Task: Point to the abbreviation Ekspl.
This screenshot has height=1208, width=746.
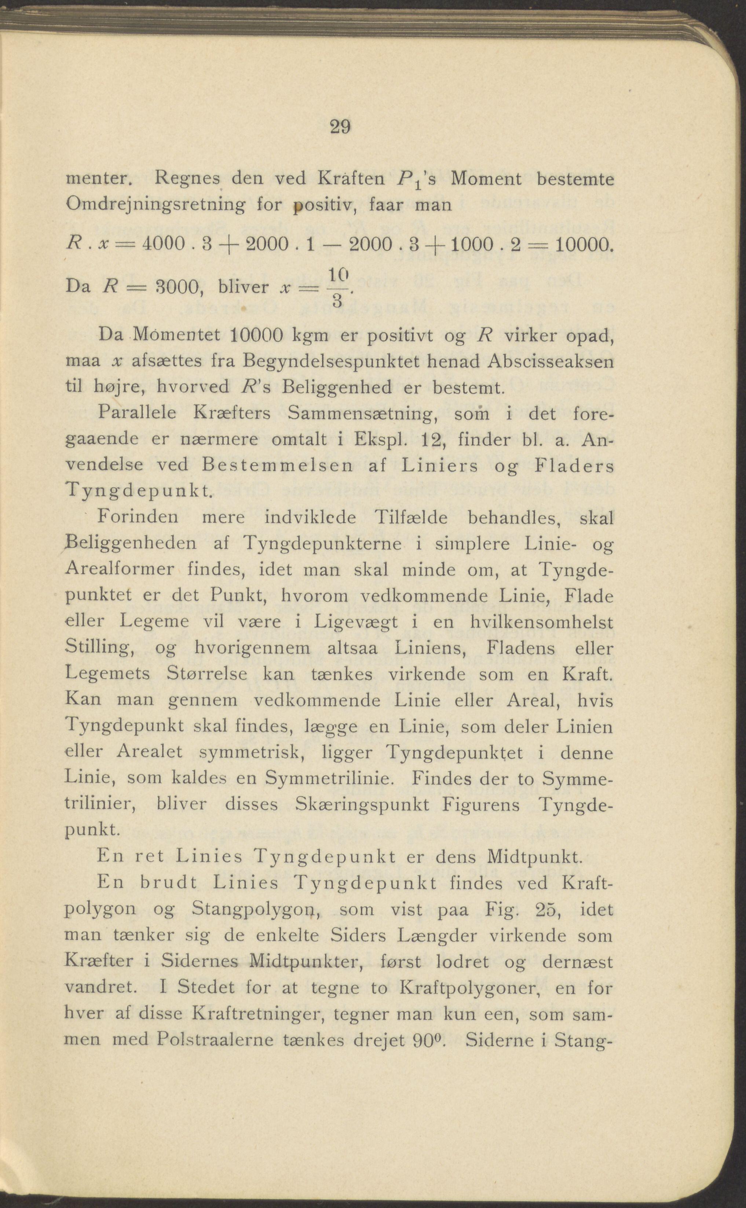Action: tap(380, 439)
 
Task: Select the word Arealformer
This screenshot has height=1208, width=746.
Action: tap(120, 569)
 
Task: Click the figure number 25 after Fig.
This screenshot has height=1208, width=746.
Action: tap(548, 909)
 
